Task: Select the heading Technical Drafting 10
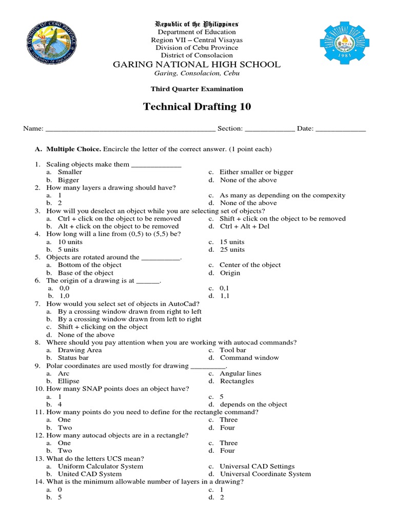pyautogui.click(x=197, y=107)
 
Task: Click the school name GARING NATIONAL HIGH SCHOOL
pyautogui.click(x=197, y=65)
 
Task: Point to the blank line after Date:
pyautogui.click(x=341, y=129)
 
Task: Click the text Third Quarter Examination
pyautogui.click(x=197, y=89)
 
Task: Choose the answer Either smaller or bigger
pyautogui.click(x=256, y=172)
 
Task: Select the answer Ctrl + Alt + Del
pyautogui.click(x=244, y=226)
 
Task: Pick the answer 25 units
pyautogui.click(x=232, y=250)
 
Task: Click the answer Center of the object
pyautogui.click(x=250, y=265)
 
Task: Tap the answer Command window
pyautogui.click(x=249, y=358)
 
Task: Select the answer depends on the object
pyautogui.click(x=253, y=405)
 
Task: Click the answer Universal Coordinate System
pyautogui.click(x=265, y=474)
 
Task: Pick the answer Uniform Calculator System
pyautogui.click(x=101, y=467)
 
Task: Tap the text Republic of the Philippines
pyautogui.click(x=197, y=24)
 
